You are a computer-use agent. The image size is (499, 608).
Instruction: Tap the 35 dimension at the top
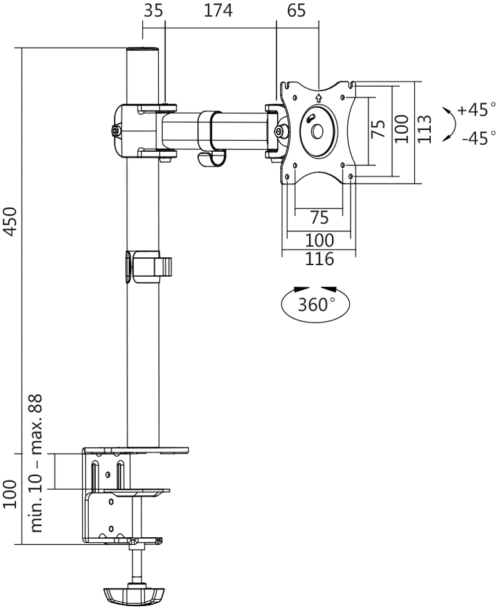click(152, 12)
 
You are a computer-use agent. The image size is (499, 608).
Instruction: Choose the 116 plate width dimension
click(320, 260)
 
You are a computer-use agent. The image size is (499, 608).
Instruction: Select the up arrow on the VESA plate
click(318, 98)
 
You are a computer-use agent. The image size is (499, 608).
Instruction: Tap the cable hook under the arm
click(210, 158)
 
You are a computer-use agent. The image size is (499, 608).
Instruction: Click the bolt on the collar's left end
click(116, 131)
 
